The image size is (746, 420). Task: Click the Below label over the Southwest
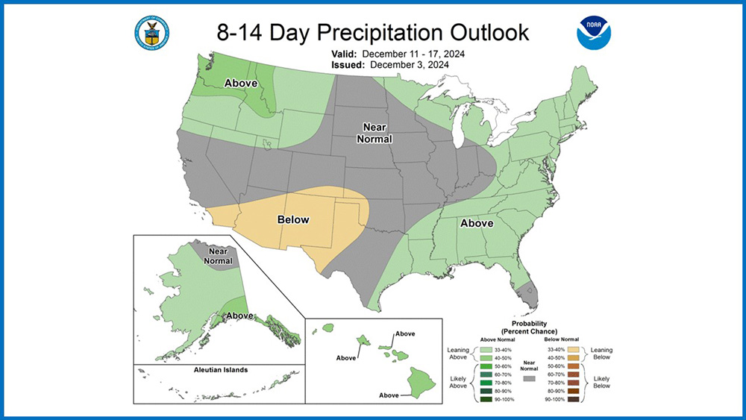click(293, 219)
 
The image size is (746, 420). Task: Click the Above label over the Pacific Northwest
click(241, 84)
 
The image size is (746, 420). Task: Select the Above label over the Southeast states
click(477, 223)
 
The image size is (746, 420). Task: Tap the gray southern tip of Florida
click(529, 298)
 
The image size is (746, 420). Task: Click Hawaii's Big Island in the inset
click(421, 382)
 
